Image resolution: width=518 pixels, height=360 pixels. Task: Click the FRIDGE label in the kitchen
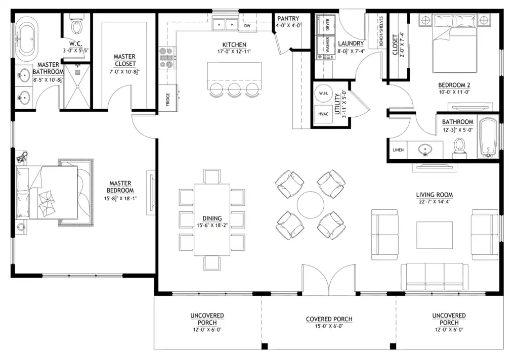168,100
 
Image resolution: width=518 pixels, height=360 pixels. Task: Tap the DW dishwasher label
247,26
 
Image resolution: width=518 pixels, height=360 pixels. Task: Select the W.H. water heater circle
324,94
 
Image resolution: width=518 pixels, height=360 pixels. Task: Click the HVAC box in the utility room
323,114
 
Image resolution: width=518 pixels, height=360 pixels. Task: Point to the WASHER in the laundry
326,44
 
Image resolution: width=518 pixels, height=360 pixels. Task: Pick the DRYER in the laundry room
326,24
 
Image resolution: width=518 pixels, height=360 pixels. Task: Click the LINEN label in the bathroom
398,150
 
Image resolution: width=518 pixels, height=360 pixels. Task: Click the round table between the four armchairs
311,205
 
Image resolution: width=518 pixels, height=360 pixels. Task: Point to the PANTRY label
288,19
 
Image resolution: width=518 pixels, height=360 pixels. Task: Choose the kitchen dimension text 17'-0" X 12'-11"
234,52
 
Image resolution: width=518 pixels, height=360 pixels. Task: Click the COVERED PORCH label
329,319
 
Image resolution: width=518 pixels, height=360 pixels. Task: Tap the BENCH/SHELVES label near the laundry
381,31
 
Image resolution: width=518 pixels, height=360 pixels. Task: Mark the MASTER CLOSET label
124,60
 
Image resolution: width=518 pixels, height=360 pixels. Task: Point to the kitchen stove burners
167,58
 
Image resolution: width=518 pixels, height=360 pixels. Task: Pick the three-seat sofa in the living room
435,277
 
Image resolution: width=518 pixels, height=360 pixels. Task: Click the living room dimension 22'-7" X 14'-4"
435,202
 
